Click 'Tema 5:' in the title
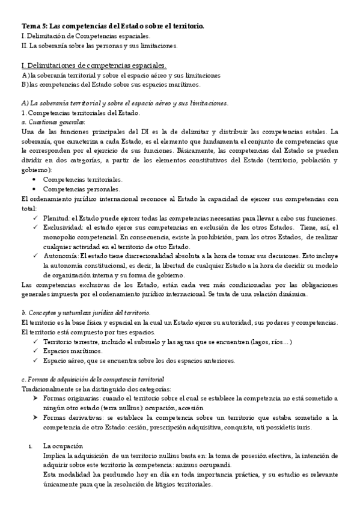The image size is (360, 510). click(34, 26)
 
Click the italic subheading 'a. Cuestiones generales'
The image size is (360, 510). click(52, 122)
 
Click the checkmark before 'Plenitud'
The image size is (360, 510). click(36, 218)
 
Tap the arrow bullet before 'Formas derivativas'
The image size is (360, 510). click(35, 417)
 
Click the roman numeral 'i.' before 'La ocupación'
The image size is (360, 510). click(31, 446)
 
